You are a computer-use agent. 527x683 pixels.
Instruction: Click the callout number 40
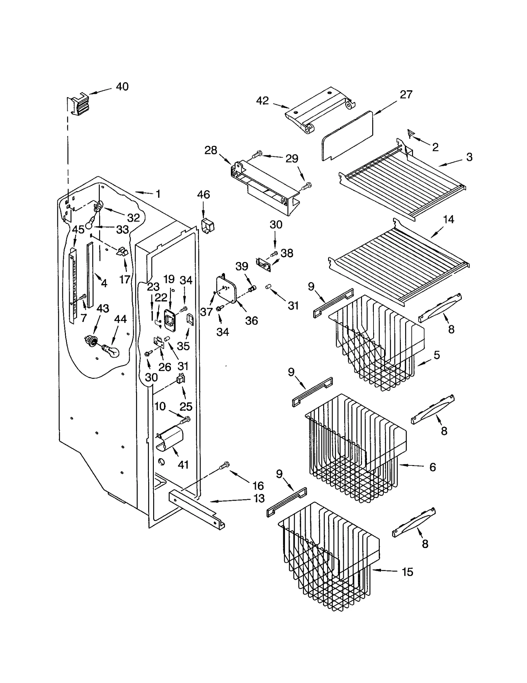[122, 87]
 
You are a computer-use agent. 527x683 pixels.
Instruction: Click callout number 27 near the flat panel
[406, 94]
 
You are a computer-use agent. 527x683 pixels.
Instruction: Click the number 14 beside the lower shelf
[449, 219]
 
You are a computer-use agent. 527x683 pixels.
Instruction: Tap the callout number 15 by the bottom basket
[407, 572]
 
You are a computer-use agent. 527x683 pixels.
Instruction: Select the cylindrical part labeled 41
[170, 438]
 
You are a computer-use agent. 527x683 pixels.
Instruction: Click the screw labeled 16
[224, 465]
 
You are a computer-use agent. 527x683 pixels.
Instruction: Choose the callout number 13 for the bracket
[259, 498]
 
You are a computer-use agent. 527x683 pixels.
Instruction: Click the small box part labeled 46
[207, 225]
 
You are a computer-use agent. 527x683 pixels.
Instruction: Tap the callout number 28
[211, 150]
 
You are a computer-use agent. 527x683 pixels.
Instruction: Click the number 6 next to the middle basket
[432, 467]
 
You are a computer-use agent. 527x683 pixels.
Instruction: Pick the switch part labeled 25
[181, 379]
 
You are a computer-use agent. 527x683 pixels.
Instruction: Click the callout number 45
[78, 230]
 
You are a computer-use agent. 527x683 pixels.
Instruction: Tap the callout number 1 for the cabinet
[158, 194]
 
